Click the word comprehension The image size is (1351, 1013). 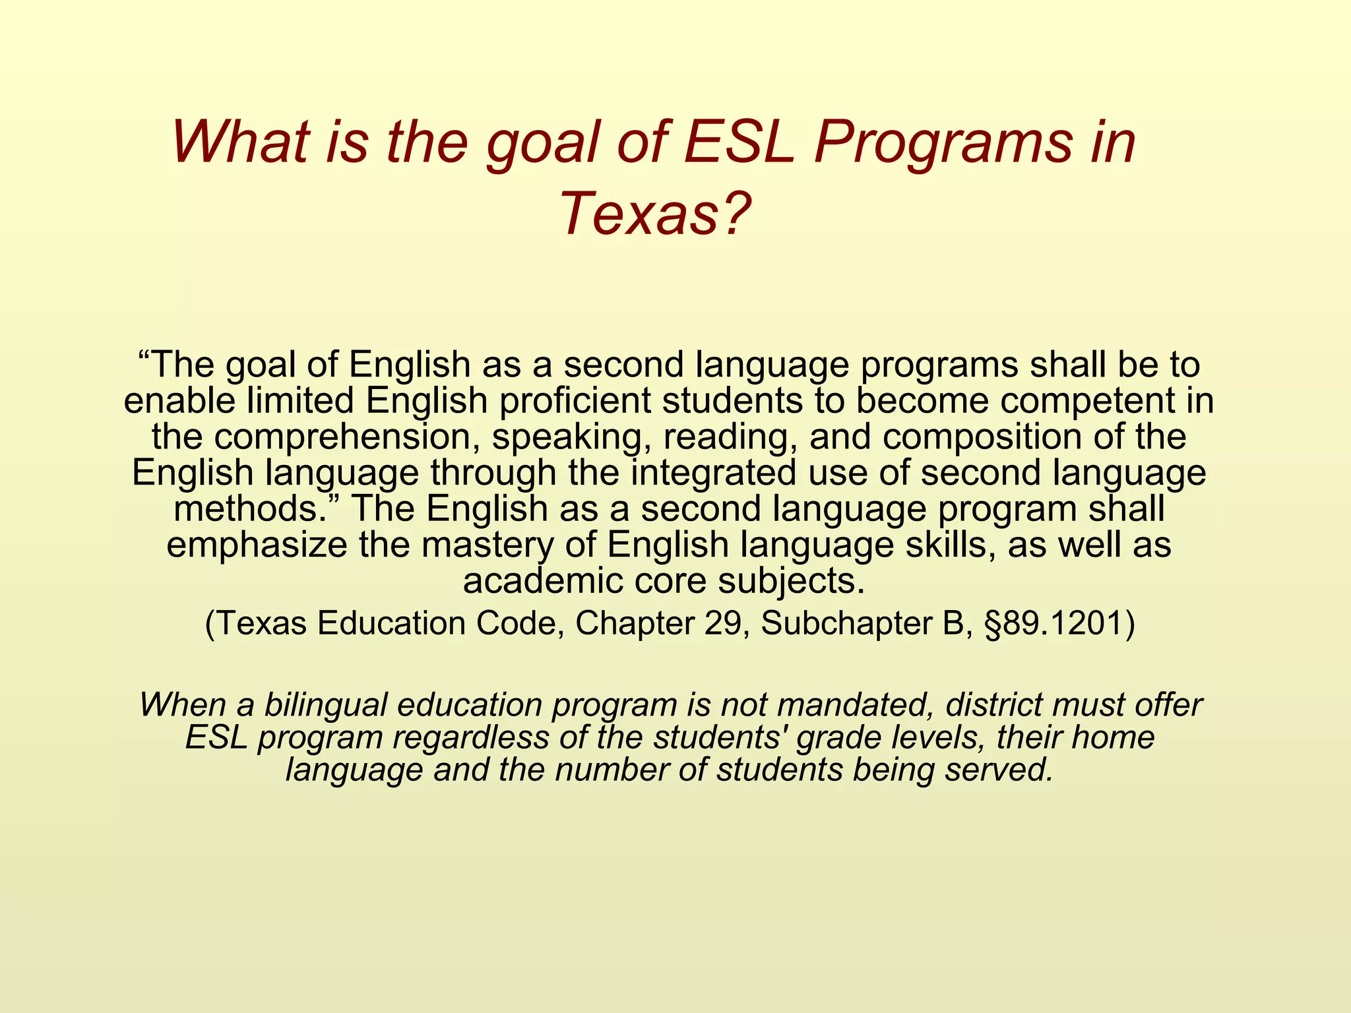tap(347, 437)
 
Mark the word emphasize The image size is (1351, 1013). tap(257, 545)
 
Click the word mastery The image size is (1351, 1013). tap(489, 545)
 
